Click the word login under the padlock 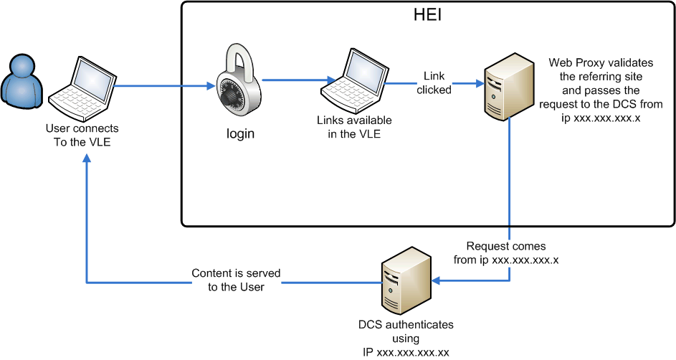pyautogui.click(x=240, y=133)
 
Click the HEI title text pyautogui.click(x=427, y=14)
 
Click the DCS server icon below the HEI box pyautogui.click(x=406, y=283)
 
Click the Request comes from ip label pyautogui.click(x=506, y=252)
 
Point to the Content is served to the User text pyautogui.click(x=236, y=280)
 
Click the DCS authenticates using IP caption pyautogui.click(x=406, y=338)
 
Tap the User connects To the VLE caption pyautogui.click(x=82, y=135)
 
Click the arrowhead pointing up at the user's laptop pyautogui.click(x=87, y=161)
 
